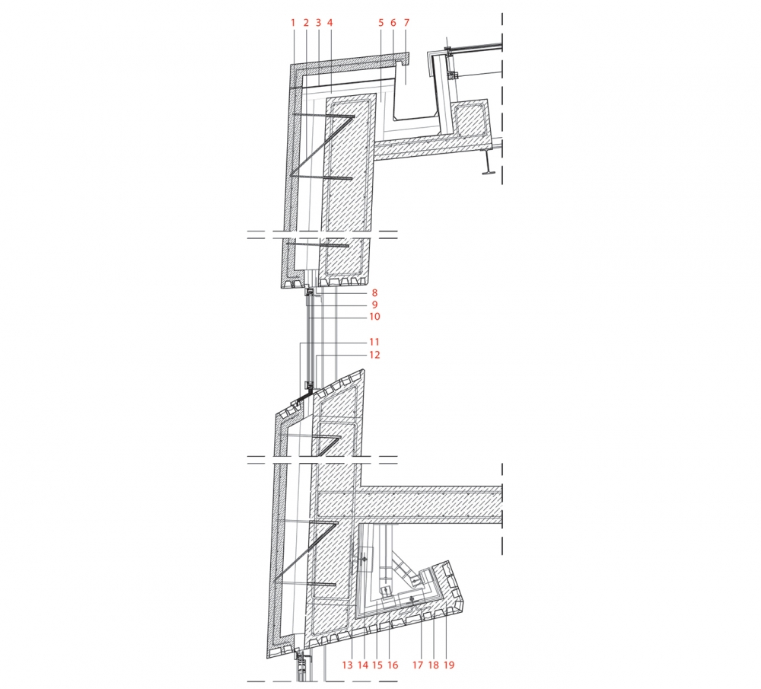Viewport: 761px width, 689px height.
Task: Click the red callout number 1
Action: [x=293, y=23]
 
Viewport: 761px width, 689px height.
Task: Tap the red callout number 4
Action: [x=330, y=23]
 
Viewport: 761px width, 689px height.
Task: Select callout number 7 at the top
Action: [x=406, y=23]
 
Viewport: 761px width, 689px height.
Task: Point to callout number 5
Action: [x=381, y=23]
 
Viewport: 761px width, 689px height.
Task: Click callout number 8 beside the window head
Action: [x=374, y=293]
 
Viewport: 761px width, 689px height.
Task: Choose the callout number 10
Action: [x=374, y=317]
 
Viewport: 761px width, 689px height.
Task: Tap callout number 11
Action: [x=374, y=343]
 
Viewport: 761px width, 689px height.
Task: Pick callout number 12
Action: [x=374, y=355]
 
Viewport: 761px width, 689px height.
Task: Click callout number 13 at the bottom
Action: [x=348, y=665]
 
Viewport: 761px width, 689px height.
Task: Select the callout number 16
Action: [x=393, y=665]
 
